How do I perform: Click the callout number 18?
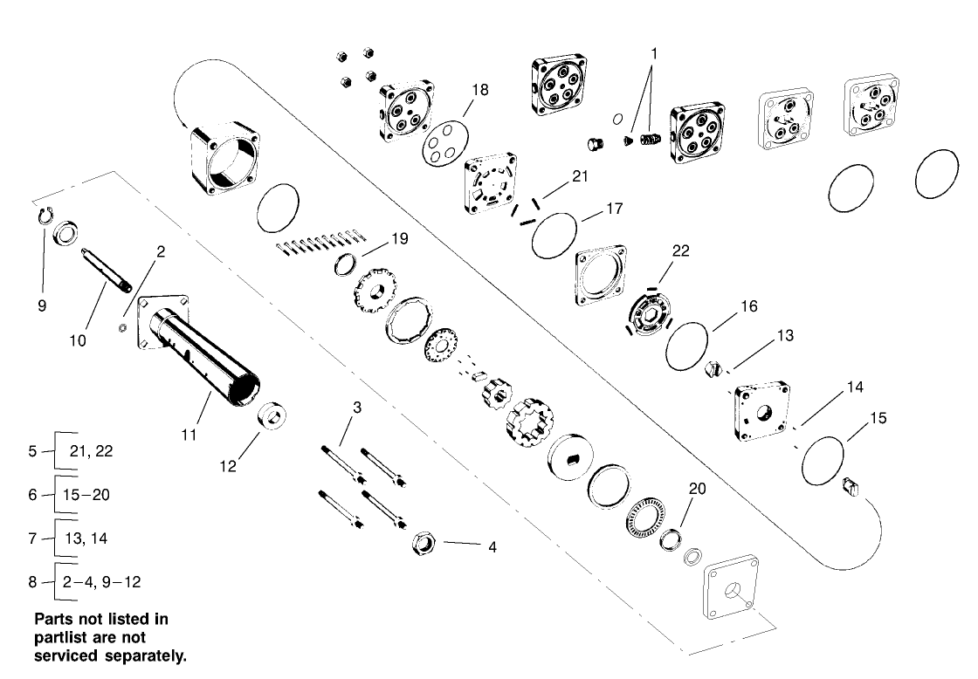click(480, 90)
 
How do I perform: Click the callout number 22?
click(680, 250)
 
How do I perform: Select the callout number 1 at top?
click(654, 53)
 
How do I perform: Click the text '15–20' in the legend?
click(87, 495)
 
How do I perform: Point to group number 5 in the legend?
click(32, 451)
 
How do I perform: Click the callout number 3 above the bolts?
click(356, 407)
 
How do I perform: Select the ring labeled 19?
click(348, 263)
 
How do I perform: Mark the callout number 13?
click(784, 335)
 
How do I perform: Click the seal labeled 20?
click(671, 538)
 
